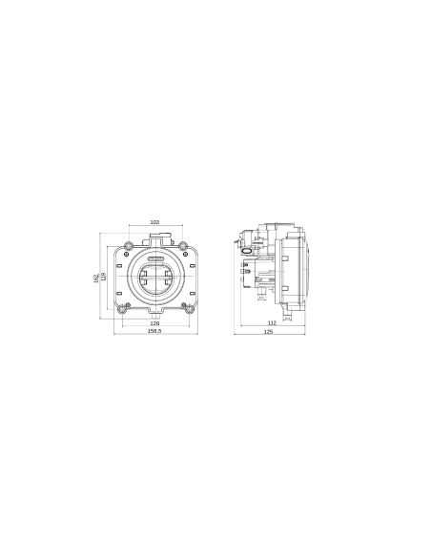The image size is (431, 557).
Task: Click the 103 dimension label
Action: tap(154, 222)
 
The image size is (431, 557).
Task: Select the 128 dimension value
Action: tap(154, 324)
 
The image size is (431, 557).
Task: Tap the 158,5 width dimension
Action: tap(154, 333)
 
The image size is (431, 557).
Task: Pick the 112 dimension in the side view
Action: tap(273, 324)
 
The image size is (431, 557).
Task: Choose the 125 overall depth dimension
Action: tap(269, 333)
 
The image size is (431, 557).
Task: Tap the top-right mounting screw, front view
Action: tap(188, 252)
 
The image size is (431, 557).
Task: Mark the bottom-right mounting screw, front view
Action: tap(189, 307)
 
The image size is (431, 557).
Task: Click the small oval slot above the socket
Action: tap(155, 257)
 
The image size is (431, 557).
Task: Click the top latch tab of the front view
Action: tap(155, 234)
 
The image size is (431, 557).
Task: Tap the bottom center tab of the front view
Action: tap(155, 315)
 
